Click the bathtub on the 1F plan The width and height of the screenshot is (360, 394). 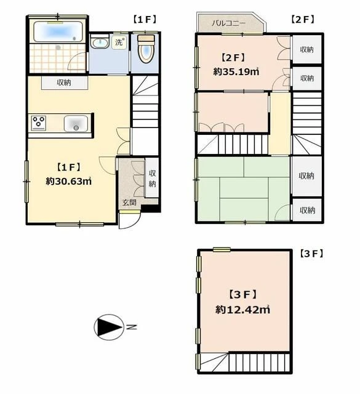58,32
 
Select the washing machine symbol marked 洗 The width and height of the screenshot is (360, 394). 119,42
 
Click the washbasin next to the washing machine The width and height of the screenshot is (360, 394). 99,42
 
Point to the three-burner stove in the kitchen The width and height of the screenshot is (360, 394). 38,123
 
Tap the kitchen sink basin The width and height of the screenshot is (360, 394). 76,124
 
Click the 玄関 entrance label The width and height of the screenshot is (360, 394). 129,203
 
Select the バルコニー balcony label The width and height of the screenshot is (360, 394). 228,23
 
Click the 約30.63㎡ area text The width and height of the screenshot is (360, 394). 68,181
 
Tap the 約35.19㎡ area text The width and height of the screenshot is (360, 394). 236,72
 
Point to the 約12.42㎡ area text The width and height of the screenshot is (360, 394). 242,310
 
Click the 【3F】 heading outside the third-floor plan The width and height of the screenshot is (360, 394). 311,254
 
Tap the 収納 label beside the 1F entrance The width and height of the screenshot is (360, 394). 152,179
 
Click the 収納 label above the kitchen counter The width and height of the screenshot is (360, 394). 64,82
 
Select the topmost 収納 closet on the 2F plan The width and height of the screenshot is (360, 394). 306,49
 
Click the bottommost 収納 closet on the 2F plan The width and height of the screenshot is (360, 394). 307,210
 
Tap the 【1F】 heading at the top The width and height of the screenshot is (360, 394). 145,19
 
